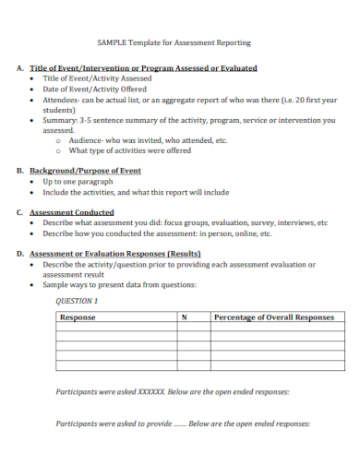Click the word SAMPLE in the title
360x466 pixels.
(x=113, y=42)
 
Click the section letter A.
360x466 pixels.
(x=19, y=68)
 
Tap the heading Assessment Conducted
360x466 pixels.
(x=72, y=212)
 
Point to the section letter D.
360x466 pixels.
(x=19, y=253)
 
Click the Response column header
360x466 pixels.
(x=78, y=317)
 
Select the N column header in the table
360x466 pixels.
(x=184, y=317)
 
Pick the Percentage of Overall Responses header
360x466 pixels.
(x=273, y=317)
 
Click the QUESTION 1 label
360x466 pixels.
(x=77, y=301)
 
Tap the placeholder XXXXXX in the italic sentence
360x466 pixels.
(x=150, y=391)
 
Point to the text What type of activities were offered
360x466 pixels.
(x=129, y=150)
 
